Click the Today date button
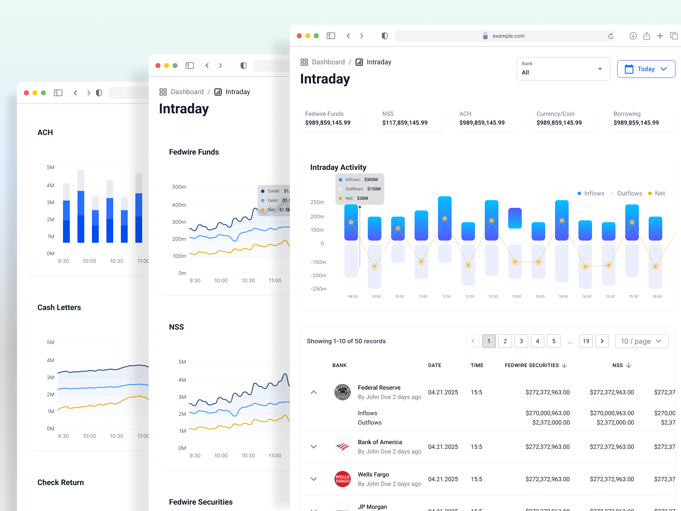[x=646, y=69]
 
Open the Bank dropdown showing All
[x=563, y=69]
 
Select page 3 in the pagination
[x=521, y=341]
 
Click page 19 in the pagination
[x=586, y=341]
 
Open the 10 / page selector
[x=641, y=341]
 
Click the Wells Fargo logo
[x=343, y=479]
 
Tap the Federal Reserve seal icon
[x=343, y=392]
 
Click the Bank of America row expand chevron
[x=314, y=447]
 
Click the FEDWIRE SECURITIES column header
[x=532, y=365]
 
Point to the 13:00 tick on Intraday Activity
[x=516, y=296]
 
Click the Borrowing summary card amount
[x=636, y=123]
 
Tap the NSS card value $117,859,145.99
[x=405, y=123]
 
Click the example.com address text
[x=508, y=36]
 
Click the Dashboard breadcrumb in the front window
[x=328, y=62]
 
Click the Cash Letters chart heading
[x=59, y=307]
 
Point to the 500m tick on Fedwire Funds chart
[x=179, y=187]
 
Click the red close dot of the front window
[x=299, y=36]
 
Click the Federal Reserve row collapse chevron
[x=314, y=392]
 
